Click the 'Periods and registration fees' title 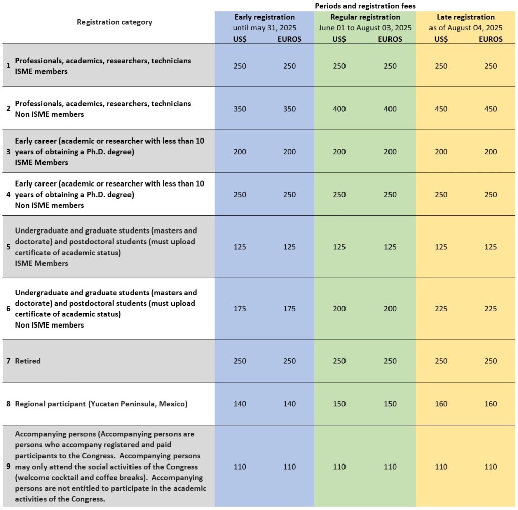point(365,6)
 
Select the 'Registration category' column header point(114,22)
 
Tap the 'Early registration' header point(265,17)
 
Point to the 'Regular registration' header point(365,17)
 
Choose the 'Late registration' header point(465,17)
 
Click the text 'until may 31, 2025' point(265,28)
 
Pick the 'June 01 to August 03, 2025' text point(365,28)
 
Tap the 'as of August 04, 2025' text point(465,28)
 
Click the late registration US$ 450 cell point(441,109)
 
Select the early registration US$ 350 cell point(240,109)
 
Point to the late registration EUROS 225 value point(490,309)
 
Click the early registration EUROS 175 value point(289,309)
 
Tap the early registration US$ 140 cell point(240,404)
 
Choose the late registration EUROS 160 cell point(490,404)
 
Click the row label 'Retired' point(28,361)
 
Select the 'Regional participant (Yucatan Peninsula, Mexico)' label point(101,404)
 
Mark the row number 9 point(8,467)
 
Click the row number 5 point(8,247)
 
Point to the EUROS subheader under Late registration point(490,39)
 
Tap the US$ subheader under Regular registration point(339,39)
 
